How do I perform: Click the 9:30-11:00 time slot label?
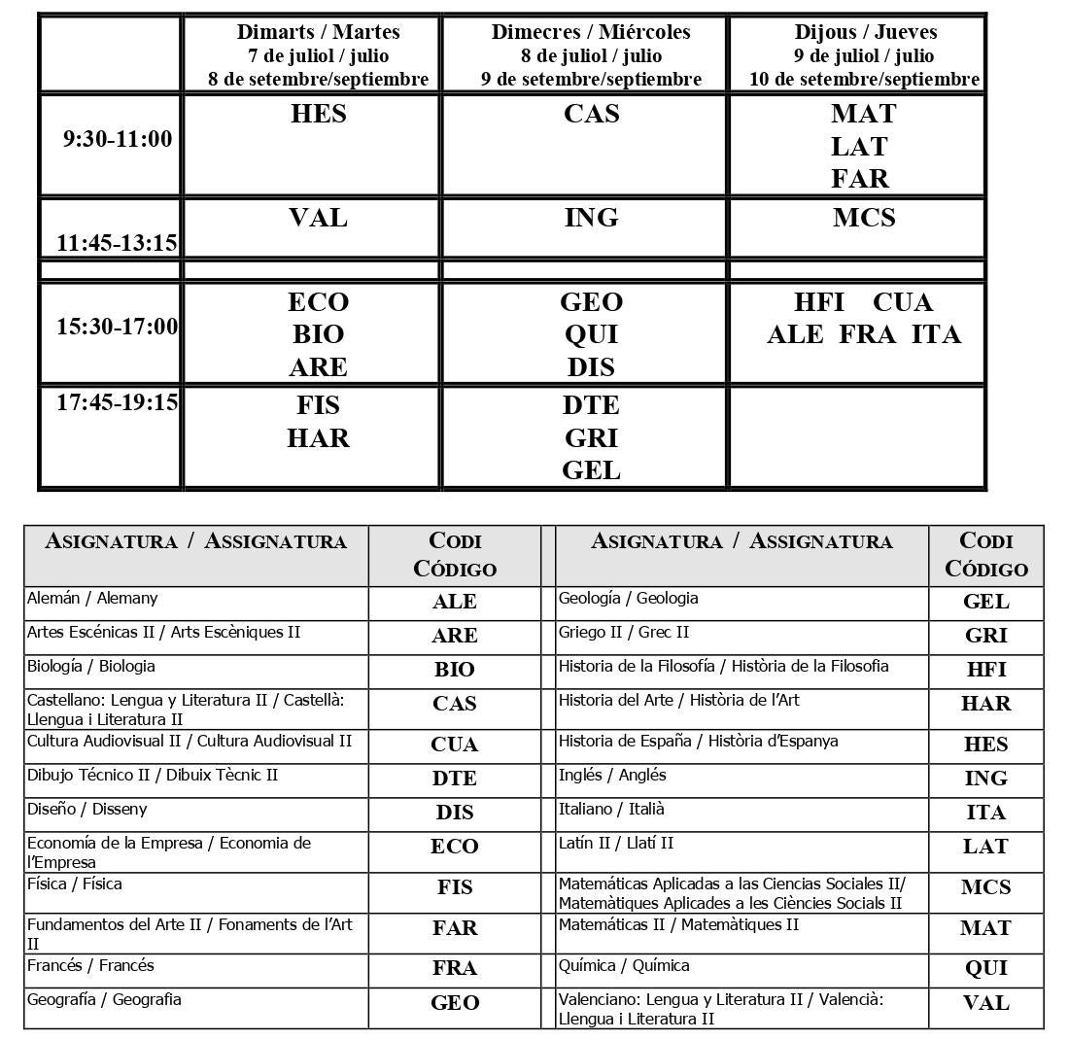click(118, 139)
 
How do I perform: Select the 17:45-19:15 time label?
click(118, 401)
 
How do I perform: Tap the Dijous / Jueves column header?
click(865, 32)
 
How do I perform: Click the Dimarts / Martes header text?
click(319, 32)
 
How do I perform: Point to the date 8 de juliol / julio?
click(591, 55)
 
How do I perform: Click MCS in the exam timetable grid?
click(864, 218)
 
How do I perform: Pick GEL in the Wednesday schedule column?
click(591, 470)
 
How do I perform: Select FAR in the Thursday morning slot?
click(860, 179)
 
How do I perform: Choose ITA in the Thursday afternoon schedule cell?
click(936, 334)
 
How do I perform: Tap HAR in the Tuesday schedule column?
click(319, 438)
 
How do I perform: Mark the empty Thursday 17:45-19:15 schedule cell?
click(857, 437)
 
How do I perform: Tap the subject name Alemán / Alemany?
click(92, 598)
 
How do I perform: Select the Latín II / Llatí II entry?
click(616, 843)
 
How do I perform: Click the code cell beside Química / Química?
click(985, 968)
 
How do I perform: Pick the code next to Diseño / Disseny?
click(455, 813)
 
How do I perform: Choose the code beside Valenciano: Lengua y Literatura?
click(985, 1003)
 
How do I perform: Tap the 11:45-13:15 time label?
click(118, 242)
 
